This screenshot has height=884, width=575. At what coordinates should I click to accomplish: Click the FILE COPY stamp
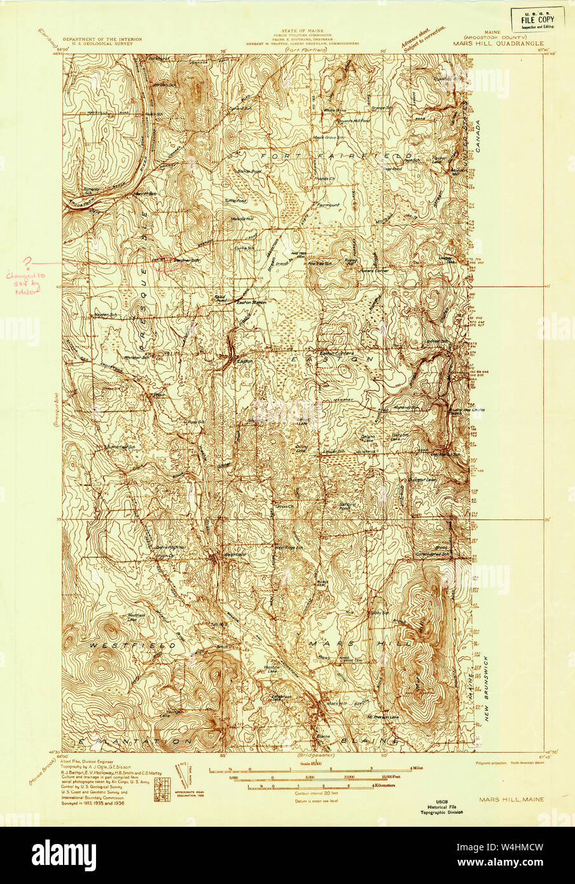click(x=538, y=20)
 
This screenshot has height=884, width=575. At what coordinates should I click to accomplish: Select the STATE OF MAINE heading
click(x=302, y=30)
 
